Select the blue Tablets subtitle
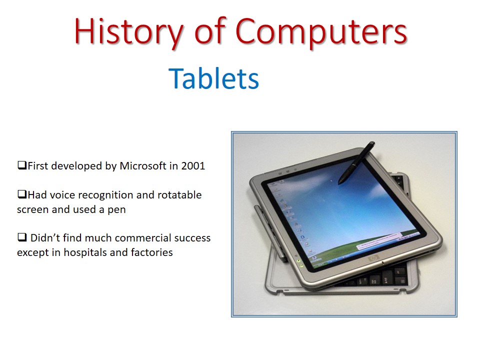pyautogui.click(x=214, y=78)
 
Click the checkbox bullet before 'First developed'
pyautogui.click(x=21, y=165)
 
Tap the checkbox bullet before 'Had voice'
pyautogui.click(x=21, y=194)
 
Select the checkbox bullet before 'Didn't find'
pyautogui.click(x=21, y=237)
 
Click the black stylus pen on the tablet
pyautogui.click(x=356, y=162)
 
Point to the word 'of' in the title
pyautogui.click(x=216, y=31)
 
